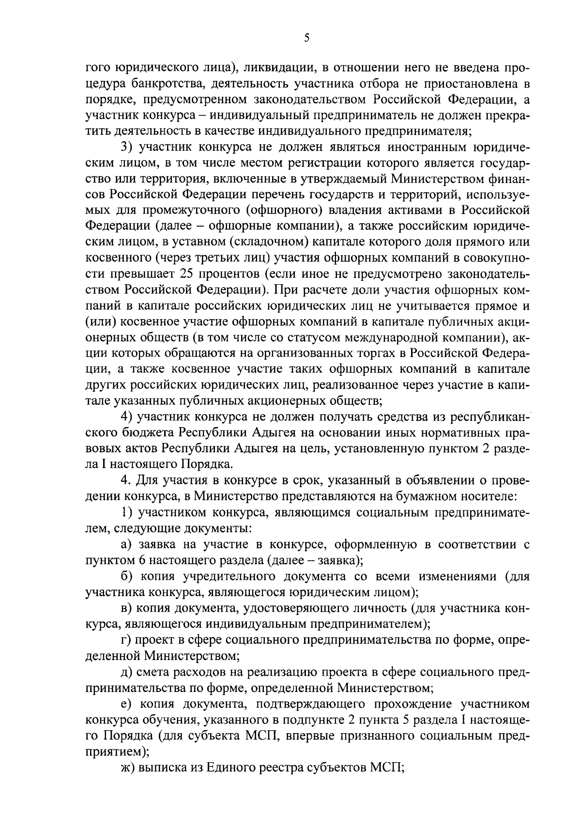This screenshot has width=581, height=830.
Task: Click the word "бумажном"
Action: click(x=415, y=496)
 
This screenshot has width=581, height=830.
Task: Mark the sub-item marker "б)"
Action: click(x=127, y=576)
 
